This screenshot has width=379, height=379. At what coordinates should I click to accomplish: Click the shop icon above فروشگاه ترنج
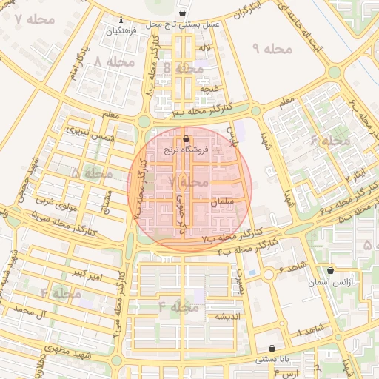click(x=186, y=139)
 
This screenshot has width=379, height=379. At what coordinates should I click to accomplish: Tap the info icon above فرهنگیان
click(x=121, y=21)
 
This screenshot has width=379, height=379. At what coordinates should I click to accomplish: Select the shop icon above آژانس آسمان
click(x=330, y=271)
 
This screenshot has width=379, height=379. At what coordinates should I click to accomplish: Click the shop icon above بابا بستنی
click(x=272, y=348)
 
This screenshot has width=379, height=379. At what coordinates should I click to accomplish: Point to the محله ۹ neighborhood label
click(x=273, y=49)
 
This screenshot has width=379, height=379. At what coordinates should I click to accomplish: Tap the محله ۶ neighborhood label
click(x=330, y=140)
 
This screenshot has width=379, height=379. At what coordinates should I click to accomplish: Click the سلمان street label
click(x=222, y=201)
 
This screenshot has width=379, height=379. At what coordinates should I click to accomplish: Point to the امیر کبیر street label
click(x=90, y=277)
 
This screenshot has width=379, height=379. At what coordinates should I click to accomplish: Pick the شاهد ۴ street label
click(x=309, y=332)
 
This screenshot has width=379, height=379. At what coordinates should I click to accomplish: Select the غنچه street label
click(x=207, y=88)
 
